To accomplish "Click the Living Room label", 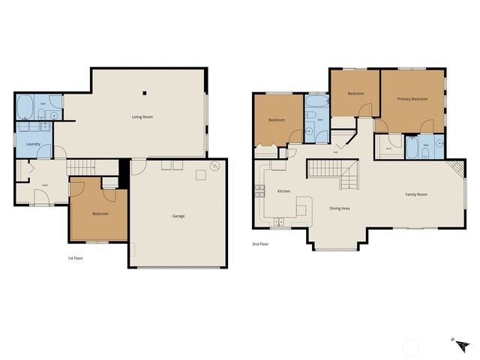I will coord(142,116).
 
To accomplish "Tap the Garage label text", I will coord(178,216).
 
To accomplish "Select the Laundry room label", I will coord(33,144).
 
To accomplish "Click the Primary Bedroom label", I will coord(412,99).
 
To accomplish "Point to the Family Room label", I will coord(416,194).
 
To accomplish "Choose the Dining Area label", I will coord(340,208).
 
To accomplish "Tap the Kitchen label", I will coord(283,191).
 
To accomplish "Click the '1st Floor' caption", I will coord(75,257).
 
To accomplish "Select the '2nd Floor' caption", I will coord(260,244).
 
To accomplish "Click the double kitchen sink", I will coord(277,221).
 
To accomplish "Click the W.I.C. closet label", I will coord(389,148).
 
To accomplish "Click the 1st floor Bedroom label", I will coord(100,214).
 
